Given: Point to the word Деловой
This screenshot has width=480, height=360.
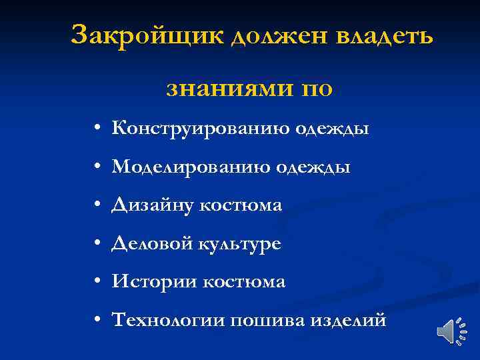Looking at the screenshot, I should [x=152, y=244].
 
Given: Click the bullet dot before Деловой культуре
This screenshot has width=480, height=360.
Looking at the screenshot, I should [x=97, y=245].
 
